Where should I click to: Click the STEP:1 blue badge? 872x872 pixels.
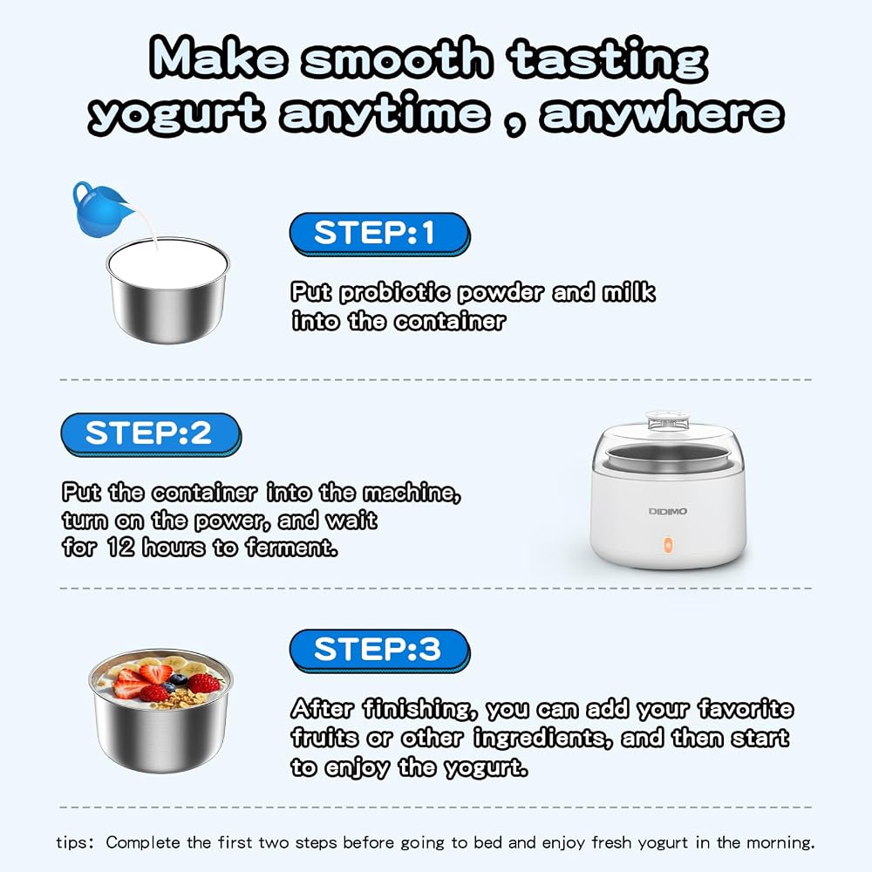click(x=380, y=234)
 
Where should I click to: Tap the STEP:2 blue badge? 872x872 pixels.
click(x=151, y=434)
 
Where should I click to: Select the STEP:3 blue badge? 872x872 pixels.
click(x=380, y=651)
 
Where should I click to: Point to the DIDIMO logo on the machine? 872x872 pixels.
click(x=667, y=511)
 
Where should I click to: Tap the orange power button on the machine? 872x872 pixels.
click(x=667, y=544)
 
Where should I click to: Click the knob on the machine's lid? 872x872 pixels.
click(x=667, y=419)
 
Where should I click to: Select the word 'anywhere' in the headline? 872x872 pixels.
click(x=662, y=114)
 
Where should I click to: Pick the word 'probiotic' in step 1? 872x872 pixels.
click(x=394, y=293)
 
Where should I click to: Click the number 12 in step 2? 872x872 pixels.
click(x=120, y=548)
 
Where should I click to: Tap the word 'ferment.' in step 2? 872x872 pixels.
click(x=291, y=548)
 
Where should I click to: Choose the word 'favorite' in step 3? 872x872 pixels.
click(x=746, y=708)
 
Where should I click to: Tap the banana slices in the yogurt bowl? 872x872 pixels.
click(x=176, y=663)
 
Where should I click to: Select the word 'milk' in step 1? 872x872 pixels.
click(x=629, y=292)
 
